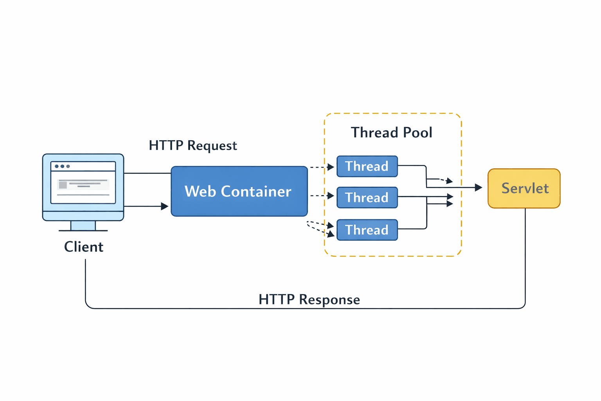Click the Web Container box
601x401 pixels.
tap(239, 191)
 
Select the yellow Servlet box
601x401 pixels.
tap(524, 188)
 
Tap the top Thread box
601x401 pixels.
tap(367, 166)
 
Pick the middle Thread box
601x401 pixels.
tap(367, 197)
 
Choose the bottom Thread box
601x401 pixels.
tap(367, 230)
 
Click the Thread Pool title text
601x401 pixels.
tap(391, 133)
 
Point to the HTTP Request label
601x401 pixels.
tap(193, 146)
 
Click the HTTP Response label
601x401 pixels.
tap(309, 300)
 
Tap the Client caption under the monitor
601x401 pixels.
tap(84, 247)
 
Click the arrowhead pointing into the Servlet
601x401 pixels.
tap(478, 188)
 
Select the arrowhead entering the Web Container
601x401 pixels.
tap(165, 206)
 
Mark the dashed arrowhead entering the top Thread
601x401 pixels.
tap(331, 167)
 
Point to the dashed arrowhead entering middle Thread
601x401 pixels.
tap(331, 195)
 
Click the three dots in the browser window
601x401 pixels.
tap(62, 166)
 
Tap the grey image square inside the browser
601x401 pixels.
tap(63, 185)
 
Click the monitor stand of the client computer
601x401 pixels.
tap(83, 226)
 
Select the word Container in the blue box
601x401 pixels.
tap(256, 191)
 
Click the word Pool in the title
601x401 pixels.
tap(417, 133)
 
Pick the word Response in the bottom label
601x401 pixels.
tap(329, 300)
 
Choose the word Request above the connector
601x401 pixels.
tap(212, 146)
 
